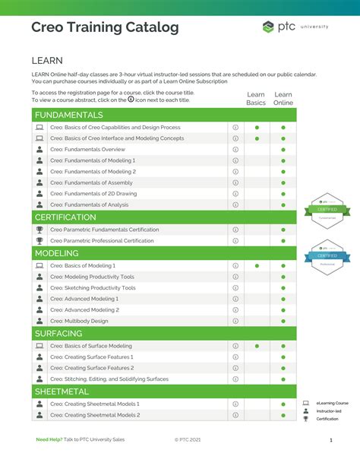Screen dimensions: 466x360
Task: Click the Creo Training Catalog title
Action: [x=105, y=28]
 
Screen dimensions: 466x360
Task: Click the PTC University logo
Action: [x=295, y=27]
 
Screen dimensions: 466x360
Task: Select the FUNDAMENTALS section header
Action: [x=69, y=115]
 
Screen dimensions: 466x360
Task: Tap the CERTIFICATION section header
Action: [x=65, y=217]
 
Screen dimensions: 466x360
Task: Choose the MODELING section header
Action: [x=57, y=253]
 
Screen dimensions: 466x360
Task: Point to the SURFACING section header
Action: [x=58, y=333]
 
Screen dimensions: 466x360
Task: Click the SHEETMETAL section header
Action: [x=62, y=391]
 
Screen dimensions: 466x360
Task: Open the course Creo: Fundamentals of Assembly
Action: [x=91, y=182]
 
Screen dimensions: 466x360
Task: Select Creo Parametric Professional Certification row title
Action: [x=102, y=241]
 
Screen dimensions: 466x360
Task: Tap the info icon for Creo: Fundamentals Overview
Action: [x=235, y=150]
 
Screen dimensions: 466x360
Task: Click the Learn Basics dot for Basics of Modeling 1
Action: [x=257, y=266]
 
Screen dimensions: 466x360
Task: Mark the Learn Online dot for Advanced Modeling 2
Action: [x=283, y=310]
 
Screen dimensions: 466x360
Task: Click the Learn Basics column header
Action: [x=256, y=99]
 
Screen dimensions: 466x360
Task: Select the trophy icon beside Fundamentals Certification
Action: [x=39, y=230]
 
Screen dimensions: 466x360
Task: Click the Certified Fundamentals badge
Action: [x=327, y=208]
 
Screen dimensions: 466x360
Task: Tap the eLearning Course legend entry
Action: [x=332, y=403]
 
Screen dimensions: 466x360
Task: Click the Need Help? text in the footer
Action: [x=49, y=440]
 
